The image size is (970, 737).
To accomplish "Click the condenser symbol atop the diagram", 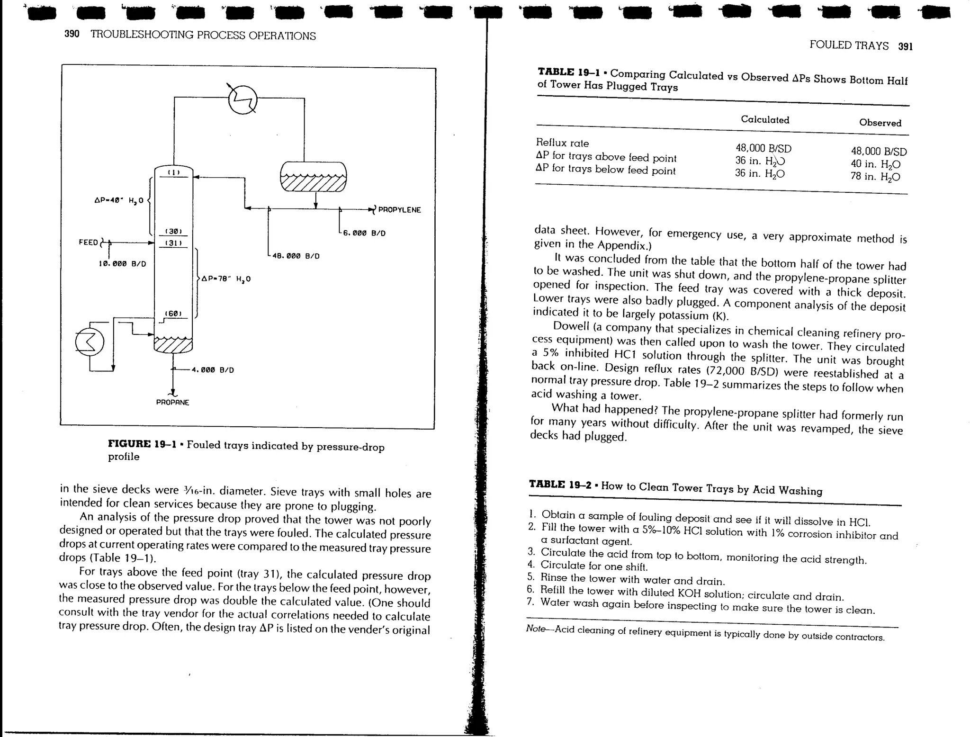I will pos(242,100).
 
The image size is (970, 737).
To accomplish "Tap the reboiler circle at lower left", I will pos(90,342).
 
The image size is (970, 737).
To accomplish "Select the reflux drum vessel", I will pos(313,176).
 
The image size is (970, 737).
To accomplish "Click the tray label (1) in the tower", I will pos(174,172).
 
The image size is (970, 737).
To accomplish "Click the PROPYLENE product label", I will pos(399,210).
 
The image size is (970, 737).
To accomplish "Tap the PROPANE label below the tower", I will pos(172,403).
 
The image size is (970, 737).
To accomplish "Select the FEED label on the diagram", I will pos(88,243).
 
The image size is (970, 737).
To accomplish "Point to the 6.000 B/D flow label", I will pos(364,233).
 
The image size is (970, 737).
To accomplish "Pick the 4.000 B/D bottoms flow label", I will pos(212,370).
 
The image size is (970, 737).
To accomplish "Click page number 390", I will pos(72,35).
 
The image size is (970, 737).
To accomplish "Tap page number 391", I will pos(905,46).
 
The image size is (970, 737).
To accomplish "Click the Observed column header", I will pos(880,123).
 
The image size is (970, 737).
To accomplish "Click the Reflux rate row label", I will pos(562,143).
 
